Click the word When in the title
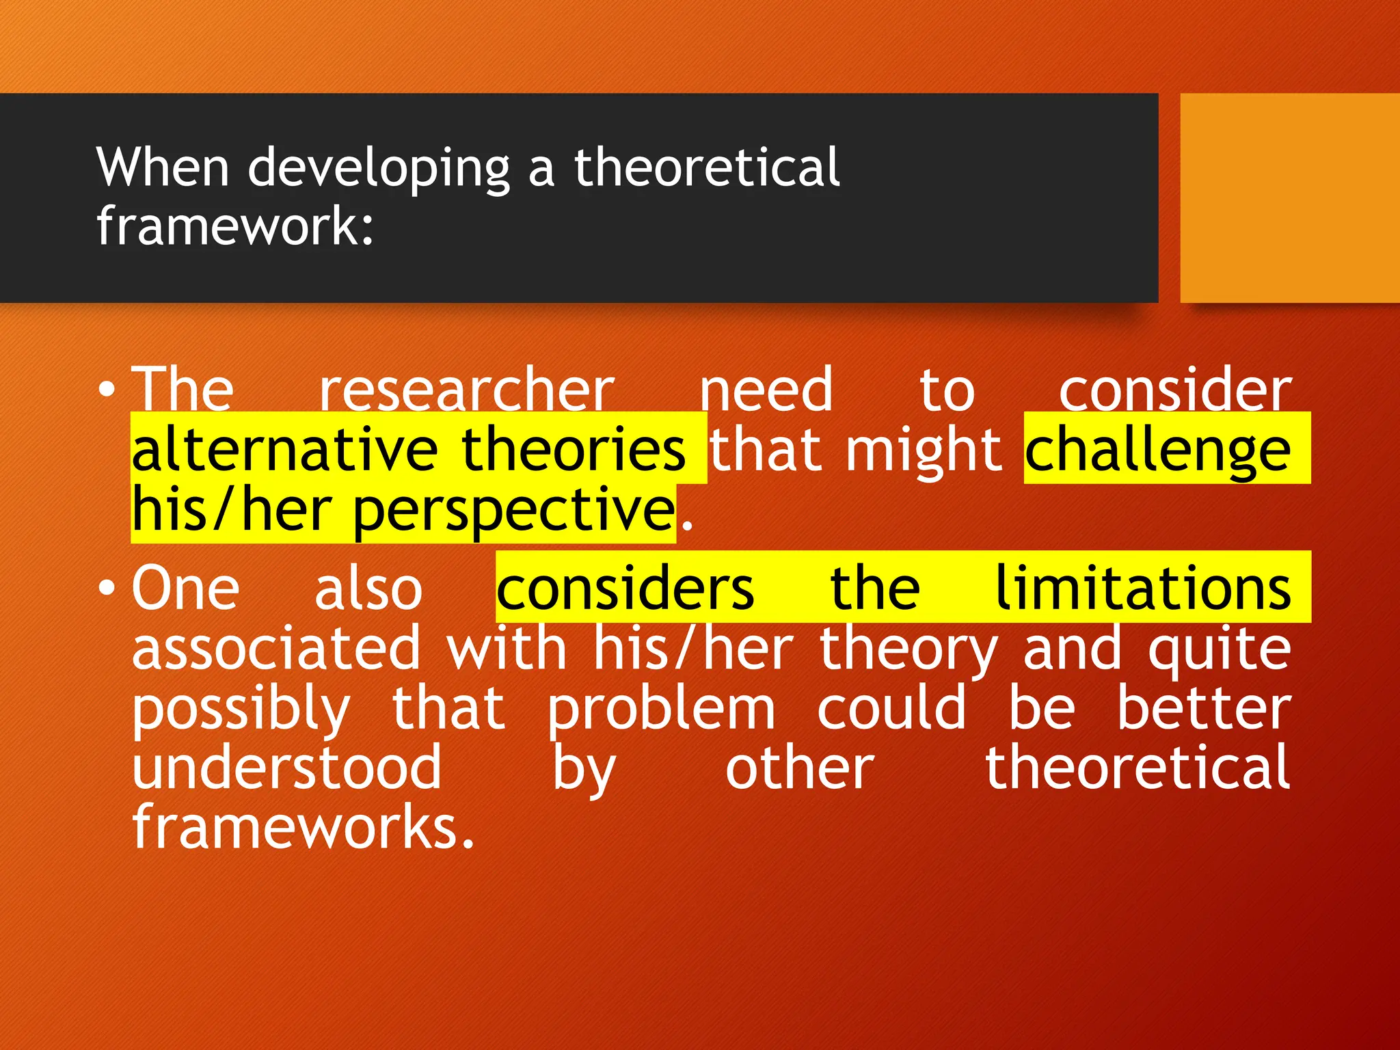click(163, 167)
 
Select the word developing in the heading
click(378, 169)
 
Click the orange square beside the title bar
click(1289, 198)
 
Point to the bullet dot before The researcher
click(107, 390)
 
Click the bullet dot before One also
click(107, 589)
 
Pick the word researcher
click(467, 390)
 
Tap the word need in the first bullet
click(766, 390)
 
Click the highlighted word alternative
click(284, 450)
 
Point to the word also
click(368, 589)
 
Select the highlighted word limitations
click(1142, 589)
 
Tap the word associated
click(276, 648)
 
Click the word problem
click(661, 710)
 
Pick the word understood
click(287, 768)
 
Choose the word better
click(1204, 708)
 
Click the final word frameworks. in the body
click(303, 828)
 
